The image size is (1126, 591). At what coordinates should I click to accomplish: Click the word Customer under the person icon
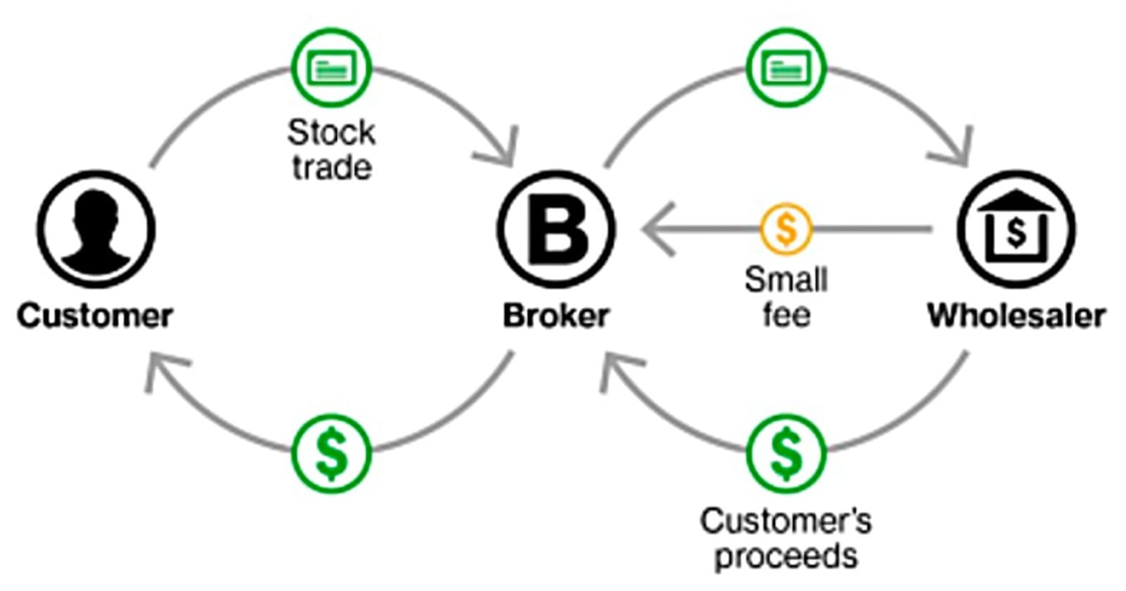(x=96, y=315)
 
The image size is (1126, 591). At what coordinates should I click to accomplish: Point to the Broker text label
(x=556, y=315)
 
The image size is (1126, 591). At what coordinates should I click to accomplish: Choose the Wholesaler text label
(x=1016, y=315)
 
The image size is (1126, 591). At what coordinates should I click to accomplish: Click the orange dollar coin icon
(x=786, y=228)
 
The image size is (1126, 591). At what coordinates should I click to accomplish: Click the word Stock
(x=331, y=132)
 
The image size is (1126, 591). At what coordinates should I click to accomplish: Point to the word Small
(x=786, y=279)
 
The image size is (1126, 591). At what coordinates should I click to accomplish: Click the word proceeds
(x=786, y=555)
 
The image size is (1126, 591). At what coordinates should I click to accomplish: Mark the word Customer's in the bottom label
(x=786, y=521)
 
